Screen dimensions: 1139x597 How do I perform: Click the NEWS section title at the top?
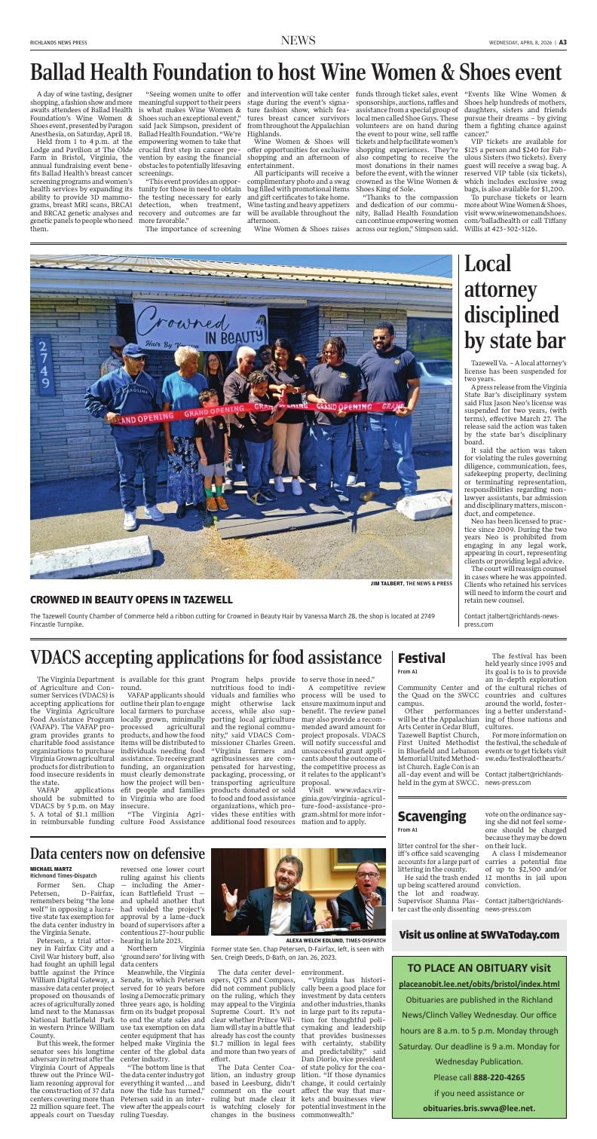point(298,41)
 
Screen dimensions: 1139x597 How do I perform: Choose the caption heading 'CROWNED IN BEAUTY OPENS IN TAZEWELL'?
point(131,600)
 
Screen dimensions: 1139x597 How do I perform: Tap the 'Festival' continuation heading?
point(421,658)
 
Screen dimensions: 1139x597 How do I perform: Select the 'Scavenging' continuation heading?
point(432,816)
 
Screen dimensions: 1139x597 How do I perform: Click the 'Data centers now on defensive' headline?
point(117,853)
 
